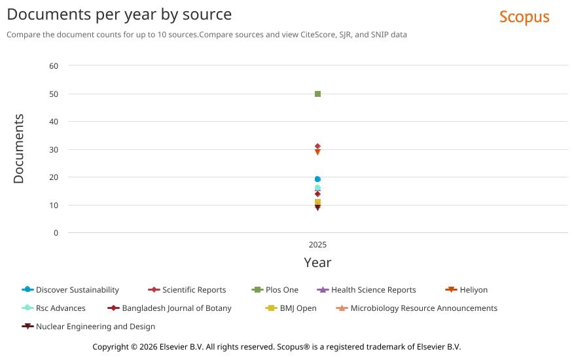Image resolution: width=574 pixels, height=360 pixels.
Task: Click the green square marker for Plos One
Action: tap(317, 94)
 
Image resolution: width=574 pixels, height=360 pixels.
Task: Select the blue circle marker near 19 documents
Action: tap(317, 179)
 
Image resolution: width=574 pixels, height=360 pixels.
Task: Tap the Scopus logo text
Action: tap(524, 17)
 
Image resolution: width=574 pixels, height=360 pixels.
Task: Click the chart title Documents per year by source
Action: tap(119, 14)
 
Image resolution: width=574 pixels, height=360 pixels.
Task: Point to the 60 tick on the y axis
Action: tap(54, 66)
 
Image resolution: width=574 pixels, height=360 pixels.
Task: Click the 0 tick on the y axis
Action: tap(56, 233)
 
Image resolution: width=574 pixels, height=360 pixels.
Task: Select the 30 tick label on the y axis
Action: tap(54, 150)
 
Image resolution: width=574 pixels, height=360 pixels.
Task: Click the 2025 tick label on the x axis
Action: tap(317, 245)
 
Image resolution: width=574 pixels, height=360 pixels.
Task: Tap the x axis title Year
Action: tap(317, 262)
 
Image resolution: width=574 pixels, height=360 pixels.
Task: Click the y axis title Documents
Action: tap(18, 149)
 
